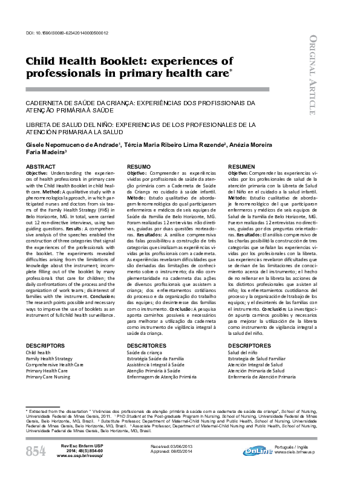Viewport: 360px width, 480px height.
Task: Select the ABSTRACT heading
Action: click(x=41, y=166)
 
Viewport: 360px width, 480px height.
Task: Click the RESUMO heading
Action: click(x=139, y=166)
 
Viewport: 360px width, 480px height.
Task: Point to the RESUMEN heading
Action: click(x=241, y=166)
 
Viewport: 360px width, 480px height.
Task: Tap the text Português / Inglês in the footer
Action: click(x=295, y=446)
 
